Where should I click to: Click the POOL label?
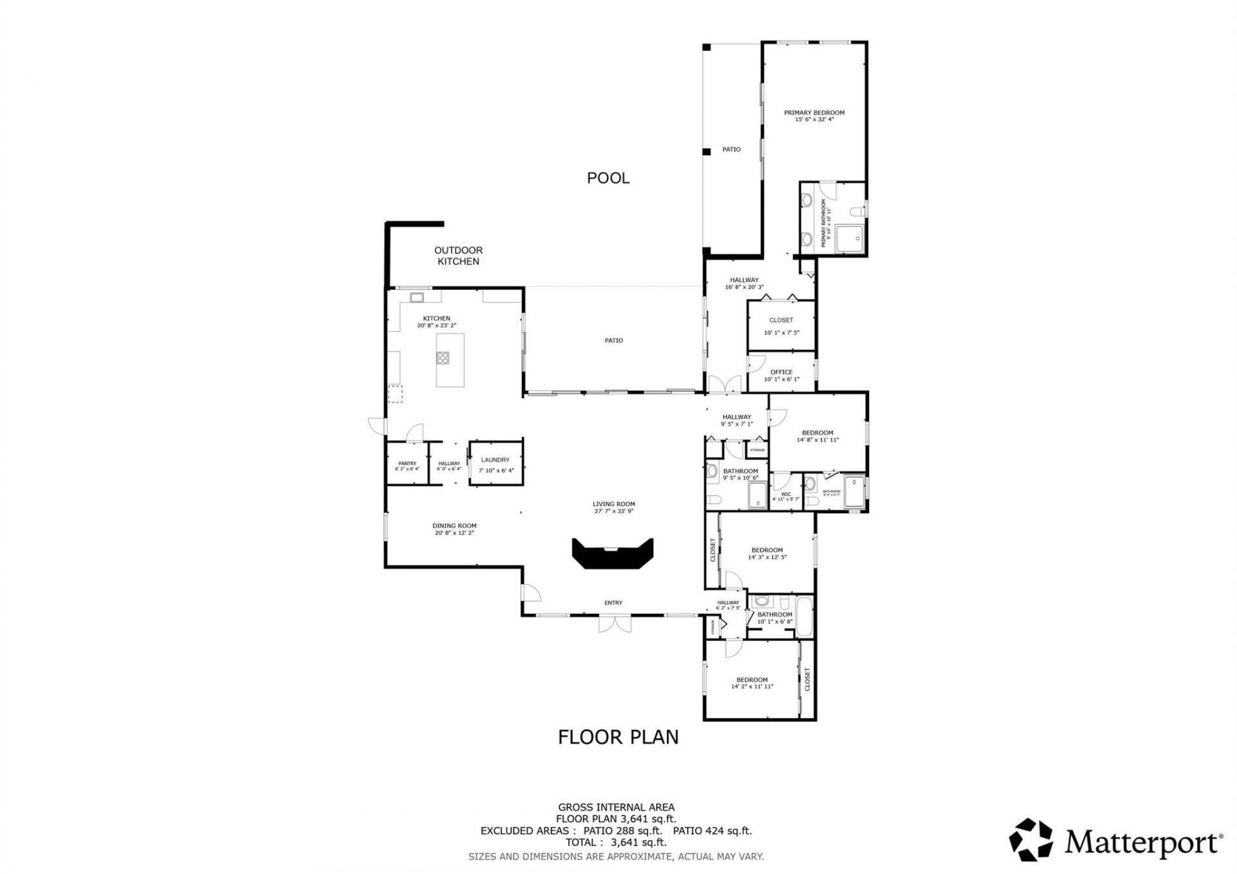(x=608, y=178)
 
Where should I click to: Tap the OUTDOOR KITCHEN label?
(x=458, y=256)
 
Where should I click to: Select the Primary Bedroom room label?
(x=814, y=113)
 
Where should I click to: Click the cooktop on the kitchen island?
(x=443, y=358)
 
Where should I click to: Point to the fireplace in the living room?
(x=613, y=555)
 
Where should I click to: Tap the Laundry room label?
(x=495, y=460)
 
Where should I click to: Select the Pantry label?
(x=407, y=463)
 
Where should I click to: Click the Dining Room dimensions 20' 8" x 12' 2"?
(x=454, y=533)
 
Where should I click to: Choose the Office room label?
(x=781, y=372)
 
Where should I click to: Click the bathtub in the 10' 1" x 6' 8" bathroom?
(x=805, y=617)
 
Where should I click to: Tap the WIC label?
(x=785, y=495)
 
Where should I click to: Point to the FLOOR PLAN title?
(x=618, y=737)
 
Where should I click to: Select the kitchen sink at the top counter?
(x=417, y=298)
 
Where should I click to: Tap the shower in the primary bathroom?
(x=850, y=239)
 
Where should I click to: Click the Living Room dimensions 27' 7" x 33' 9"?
(x=613, y=511)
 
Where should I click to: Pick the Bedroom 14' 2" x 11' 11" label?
(x=751, y=680)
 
